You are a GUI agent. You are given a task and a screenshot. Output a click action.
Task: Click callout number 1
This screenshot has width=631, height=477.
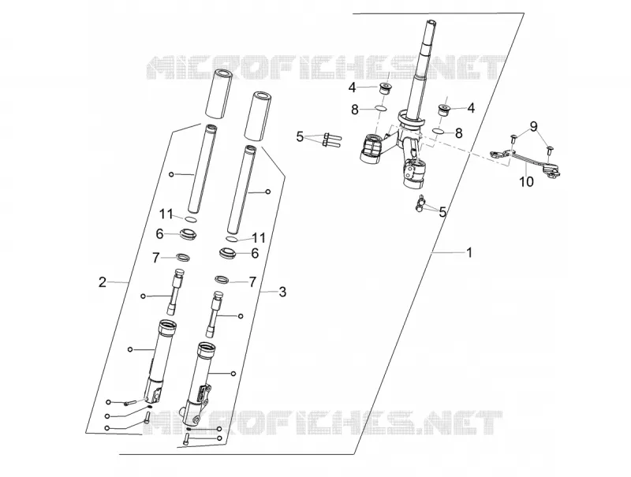coord(469,252)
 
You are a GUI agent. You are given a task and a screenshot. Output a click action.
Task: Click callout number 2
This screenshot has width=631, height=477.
coord(103,282)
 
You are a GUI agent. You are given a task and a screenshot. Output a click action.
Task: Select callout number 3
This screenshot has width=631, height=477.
coord(282,292)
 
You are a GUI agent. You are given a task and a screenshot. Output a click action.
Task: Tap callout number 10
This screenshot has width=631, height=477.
coord(526,182)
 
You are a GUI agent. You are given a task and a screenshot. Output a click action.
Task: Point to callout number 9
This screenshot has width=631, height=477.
coord(534,127)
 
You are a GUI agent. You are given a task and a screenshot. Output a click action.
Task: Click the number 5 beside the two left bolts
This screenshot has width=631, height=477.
coord(300,136)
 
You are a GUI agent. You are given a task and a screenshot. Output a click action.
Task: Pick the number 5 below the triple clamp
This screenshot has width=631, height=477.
coord(442,212)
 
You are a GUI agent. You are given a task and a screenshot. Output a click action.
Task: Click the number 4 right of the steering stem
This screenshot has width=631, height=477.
coord(470,108)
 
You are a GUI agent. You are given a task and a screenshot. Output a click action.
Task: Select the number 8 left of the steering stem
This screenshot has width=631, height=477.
coord(354,110)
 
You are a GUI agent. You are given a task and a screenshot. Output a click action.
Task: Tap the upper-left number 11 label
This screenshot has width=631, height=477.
coord(166,214)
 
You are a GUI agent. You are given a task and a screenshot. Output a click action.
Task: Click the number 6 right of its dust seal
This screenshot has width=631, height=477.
coord(255,253)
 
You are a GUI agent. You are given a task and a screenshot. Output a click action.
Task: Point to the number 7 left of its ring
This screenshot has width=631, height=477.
coord(156,258)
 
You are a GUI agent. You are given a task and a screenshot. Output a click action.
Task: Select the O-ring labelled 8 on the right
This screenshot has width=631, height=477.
coord(439,131)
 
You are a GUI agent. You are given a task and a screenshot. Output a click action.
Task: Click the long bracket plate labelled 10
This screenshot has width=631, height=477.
coord(525,162)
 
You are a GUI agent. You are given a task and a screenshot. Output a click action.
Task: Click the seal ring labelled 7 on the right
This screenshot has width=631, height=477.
coord(222,279)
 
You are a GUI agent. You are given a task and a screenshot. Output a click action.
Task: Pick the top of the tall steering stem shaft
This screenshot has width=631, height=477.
coord(431,22)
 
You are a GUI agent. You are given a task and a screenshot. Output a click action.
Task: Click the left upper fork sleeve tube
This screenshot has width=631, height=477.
coord(218,94)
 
